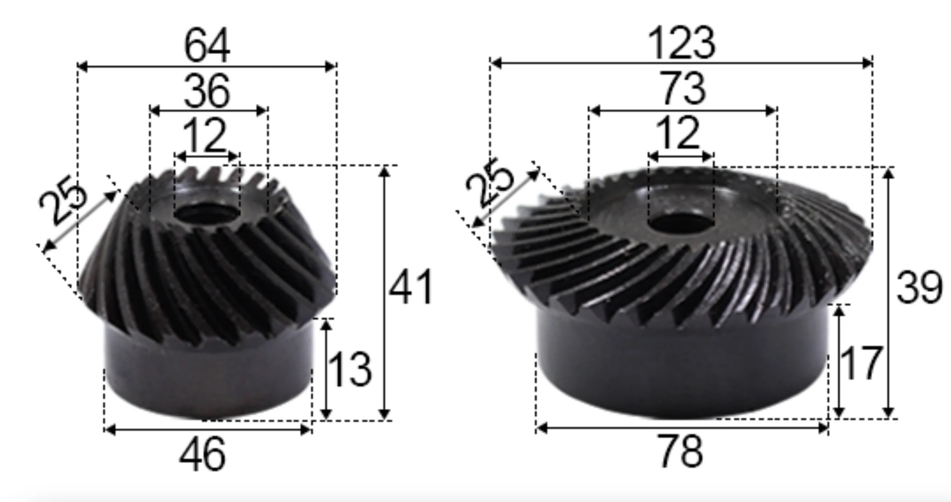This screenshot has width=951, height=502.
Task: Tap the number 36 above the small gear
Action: tap(207, 92)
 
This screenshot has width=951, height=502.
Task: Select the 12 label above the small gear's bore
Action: tap(205, 136)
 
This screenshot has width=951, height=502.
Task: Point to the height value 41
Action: tap(411, 288)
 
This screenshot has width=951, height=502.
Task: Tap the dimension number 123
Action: tap(681, 44)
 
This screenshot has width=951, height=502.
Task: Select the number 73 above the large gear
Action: tap(683, 89)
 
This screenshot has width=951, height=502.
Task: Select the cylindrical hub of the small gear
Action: tap(208, 373)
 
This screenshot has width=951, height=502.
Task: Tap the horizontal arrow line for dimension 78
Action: tap(682, 429)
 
